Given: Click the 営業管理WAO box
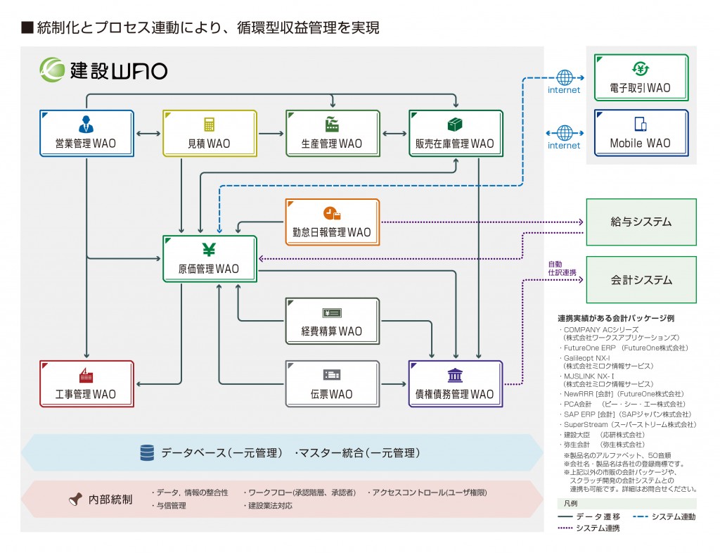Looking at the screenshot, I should [x=86, y=132].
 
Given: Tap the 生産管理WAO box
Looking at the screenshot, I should [x=332, y=132].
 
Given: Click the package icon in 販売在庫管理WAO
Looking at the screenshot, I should [x=455, y=124].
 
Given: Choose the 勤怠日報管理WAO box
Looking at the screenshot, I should [x=332, y=222].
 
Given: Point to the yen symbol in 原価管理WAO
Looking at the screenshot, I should [x=209, y=250].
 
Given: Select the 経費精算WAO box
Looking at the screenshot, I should [x=332, y=321].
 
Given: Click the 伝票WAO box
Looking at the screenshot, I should [x=332, y=383].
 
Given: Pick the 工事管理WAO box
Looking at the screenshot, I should [x=86, y=383].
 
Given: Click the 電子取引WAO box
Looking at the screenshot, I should [x=641, y=77].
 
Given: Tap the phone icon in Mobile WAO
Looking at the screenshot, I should [x=640, y=125].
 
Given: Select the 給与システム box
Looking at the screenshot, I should [x=641, y=222].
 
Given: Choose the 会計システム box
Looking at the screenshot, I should [x=641, y=279].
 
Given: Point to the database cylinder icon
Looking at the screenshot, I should [x=147, y=452].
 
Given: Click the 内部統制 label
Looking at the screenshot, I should [x=110, y=500].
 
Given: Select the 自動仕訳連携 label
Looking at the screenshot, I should [x=562, y=268].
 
